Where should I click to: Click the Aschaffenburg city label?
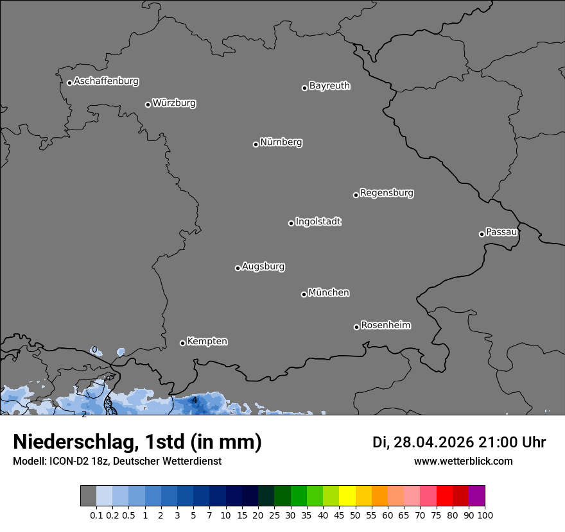click(106, 81)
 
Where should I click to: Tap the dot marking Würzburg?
click(148, 104)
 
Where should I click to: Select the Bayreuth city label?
click(329, 86)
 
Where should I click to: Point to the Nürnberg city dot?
click(256, 144)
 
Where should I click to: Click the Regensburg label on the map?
click(387, 193)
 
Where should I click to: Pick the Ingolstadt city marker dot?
click(291, 223)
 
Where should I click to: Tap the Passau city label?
click(501, 232)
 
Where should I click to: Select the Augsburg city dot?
click(238, 268)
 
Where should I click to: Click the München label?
click(329, 293)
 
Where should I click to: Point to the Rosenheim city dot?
click(356, 328)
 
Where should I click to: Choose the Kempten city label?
click(207, 342)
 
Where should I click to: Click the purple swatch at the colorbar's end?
click(477, 496)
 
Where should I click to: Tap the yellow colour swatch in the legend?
click(347, 496)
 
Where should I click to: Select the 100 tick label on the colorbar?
click(485, 515)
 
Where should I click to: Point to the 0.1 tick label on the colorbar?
click(97, 515)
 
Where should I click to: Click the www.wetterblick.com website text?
click(464, 461)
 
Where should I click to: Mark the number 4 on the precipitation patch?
click(195, 401)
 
